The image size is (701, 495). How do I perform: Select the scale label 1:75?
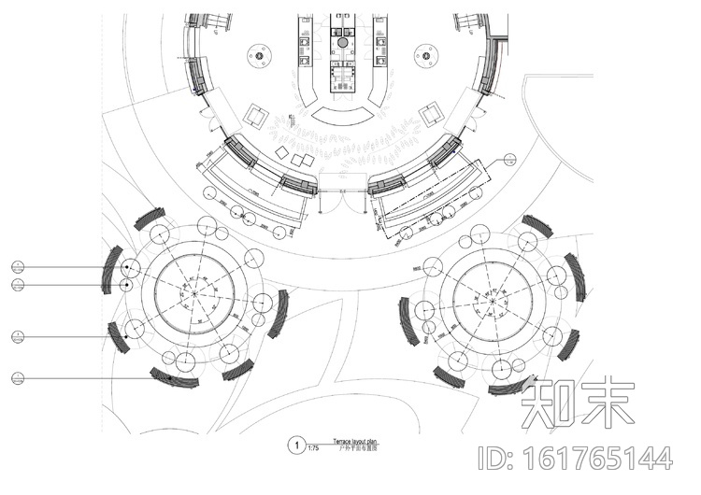click(x=312, y=450)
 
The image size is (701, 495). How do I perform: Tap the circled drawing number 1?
click(x=295, y=445)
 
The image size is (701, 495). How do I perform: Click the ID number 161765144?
click(x=575, y=459)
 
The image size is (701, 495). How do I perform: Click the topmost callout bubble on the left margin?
click(x=18, y=268)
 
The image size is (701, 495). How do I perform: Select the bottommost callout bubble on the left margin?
click(x=18, y=377)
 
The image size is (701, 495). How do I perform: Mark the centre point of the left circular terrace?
click(x=193, y=294)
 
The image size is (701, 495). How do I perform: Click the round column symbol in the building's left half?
click(x=258, y=55)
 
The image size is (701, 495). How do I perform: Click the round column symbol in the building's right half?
click(x=425, y=55)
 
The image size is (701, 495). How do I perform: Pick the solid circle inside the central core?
click(x=342, y=42)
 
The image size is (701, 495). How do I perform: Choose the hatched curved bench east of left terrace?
click(x=278, y=314)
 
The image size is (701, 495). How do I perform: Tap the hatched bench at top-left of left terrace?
click(x=148, y=218)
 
